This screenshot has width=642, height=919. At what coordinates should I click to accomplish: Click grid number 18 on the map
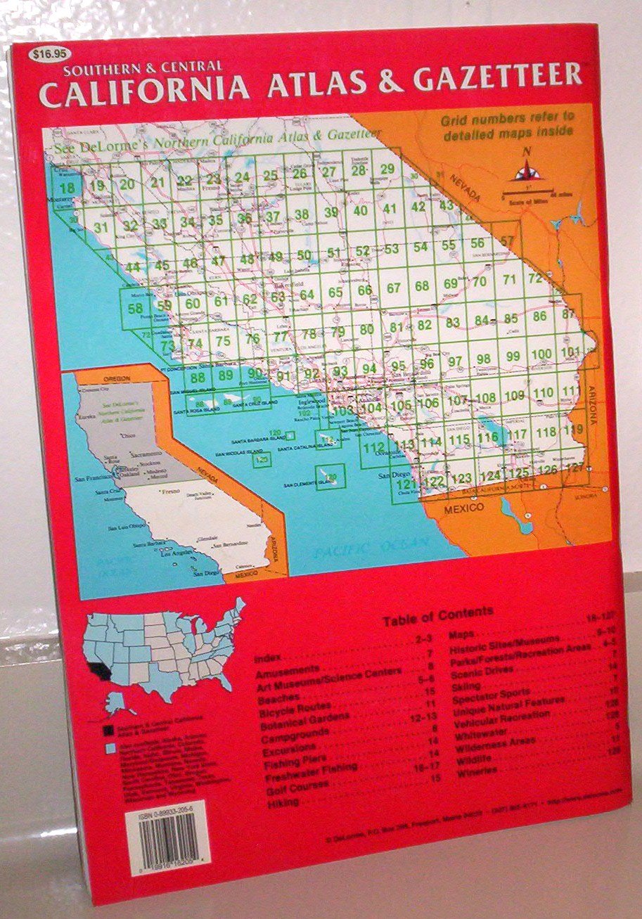click(x=68, y=188)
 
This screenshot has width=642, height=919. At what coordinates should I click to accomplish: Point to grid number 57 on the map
click(x=508, y=241)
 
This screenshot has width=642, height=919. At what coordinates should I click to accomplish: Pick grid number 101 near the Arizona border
click(x=570, y=352)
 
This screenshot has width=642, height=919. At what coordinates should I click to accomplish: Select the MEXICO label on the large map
click(x=466, y=506)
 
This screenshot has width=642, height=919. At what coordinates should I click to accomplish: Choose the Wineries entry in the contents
click(x=477, y=771)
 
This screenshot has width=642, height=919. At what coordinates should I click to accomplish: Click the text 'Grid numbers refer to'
click(x=508, y=117)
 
